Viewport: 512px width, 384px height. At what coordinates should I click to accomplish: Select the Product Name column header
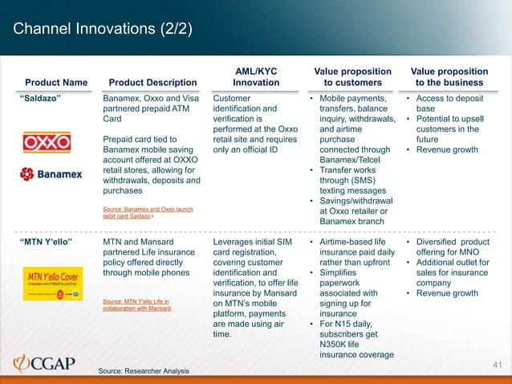pyautogui.click(x=57, y=82)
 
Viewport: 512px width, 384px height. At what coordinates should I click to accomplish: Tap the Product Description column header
pyautogui.click(x=152, y=82)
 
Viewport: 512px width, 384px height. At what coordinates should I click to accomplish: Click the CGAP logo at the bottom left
pyautogui.click(x=45, y=363)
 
